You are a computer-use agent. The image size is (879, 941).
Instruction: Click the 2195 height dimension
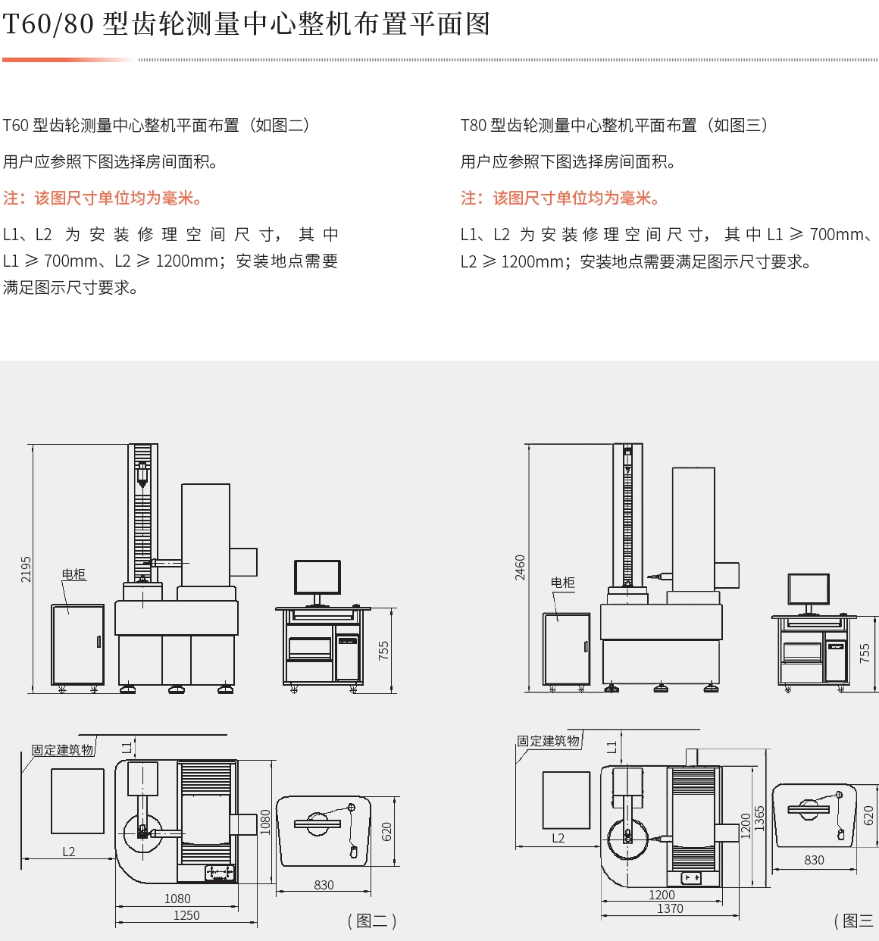click(x=26, y=569)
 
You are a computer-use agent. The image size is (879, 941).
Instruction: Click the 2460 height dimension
click(x=520, y=567)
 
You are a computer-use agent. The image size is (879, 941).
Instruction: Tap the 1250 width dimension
click(x=186, y=915)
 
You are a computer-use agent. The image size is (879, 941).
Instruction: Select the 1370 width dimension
click(x=670, y=908)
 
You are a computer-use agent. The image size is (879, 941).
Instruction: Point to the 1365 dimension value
click(x=759, y=818)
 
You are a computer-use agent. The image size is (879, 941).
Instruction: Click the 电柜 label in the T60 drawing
click(x=74, y=574)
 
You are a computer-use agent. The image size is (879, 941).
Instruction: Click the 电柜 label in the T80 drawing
click(x=563, y=583)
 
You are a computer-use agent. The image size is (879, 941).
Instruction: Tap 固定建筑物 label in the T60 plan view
click(x=63, y=749)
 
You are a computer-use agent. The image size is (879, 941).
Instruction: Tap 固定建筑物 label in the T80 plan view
click(x=548, y=740)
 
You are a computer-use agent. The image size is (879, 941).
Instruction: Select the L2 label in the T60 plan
click(x=69, y=852)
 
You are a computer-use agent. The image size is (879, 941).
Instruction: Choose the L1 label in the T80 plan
click(x=612, y=747)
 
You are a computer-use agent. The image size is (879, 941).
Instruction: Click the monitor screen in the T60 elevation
click(x=318, y=577)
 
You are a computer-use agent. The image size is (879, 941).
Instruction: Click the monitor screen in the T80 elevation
click(x=809, y=589)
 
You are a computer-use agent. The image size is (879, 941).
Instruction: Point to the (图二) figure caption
click(x=372, y=921)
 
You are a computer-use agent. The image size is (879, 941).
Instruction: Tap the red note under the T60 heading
click(x=103, y=198)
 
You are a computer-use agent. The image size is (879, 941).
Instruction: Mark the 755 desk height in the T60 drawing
click(x=383, y=651)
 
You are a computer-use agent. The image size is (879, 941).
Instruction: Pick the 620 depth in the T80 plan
click(x=868, y=815)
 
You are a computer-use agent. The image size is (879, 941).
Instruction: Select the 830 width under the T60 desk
click(x=324, y=885)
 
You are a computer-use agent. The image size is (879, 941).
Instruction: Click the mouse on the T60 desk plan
click(x=353, y=852)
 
